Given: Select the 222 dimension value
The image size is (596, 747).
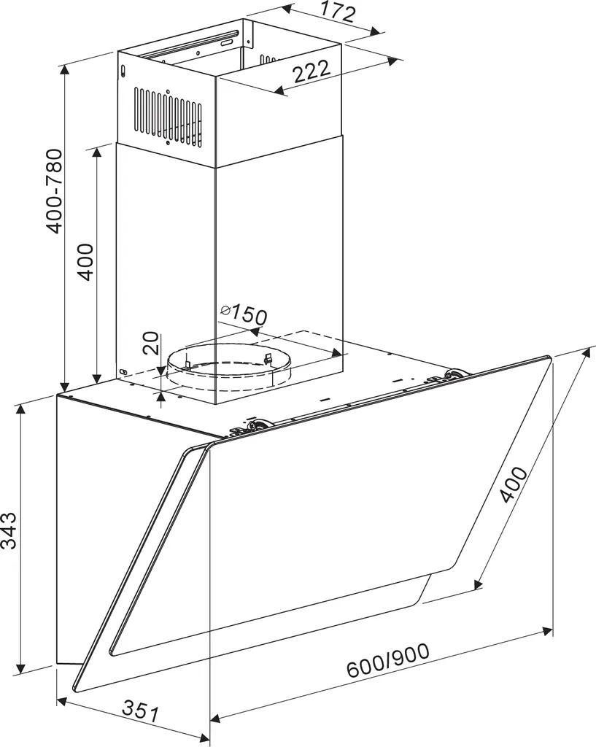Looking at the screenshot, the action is (x=311, y=71).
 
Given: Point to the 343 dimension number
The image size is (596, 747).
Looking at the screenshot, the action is (x=9, y=530).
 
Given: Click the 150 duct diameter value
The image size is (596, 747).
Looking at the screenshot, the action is (x=249, y=315).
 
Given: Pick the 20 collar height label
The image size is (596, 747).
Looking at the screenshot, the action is (x=150, y=343).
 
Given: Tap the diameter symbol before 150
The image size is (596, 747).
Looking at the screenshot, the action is (x=226, y=311).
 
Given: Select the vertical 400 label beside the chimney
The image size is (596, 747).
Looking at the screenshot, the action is (x=86, y=262).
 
